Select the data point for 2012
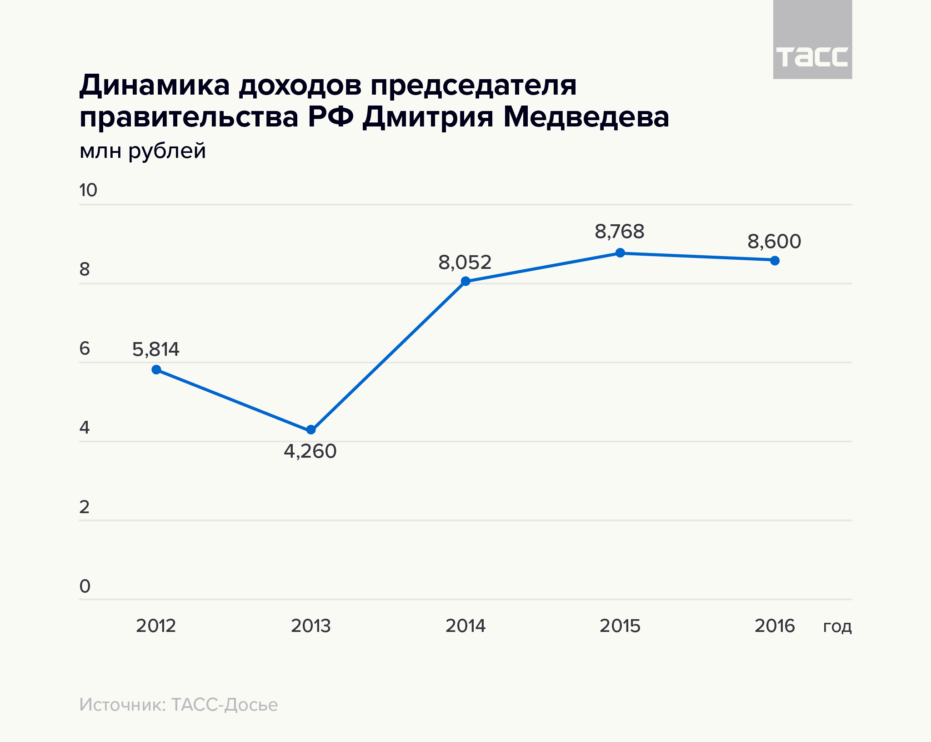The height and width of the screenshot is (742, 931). click(156, 369)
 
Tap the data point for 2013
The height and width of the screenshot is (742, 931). click(311, 429)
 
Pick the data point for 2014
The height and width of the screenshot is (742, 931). click(465, 281)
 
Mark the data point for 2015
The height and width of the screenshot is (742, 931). click(620, 253)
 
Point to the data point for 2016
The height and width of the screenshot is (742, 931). click(775, 260)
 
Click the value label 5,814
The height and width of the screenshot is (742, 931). click(156, 349)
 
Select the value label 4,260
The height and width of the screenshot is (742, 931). click(310, 451)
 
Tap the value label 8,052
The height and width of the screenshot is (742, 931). click(465, 262)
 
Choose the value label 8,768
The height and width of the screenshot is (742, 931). click(620, 232)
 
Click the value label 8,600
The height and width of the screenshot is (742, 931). click(774, 242)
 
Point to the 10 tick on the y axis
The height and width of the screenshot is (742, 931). click(88, 190)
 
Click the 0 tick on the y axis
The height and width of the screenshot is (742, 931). click(85, 586)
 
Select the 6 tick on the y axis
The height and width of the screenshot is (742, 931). click(85, 349)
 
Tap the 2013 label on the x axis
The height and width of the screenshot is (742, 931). click(311, 626)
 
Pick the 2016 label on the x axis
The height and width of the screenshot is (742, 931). click(775, 626)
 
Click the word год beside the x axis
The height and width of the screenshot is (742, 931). click(837, 627)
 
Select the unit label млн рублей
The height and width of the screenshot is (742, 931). click(143, 151)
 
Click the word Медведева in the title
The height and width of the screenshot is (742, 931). click(586, 117)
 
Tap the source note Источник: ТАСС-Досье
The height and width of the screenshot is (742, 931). click(179, 705)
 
